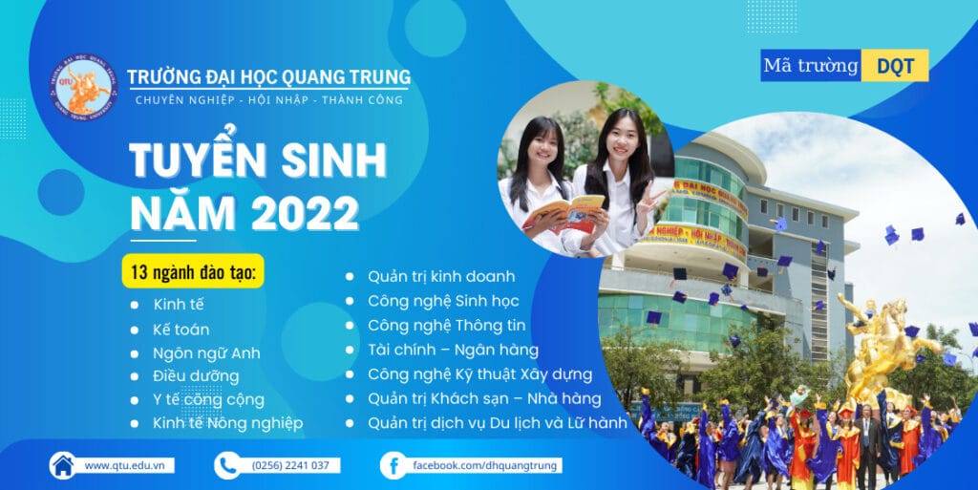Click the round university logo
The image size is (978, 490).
pyautogui.click(x=83, y=87)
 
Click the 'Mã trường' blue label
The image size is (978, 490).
pyautogui.click(x=811, y=66)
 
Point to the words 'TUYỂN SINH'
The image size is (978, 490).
pyautogui.click(x=258, y=160)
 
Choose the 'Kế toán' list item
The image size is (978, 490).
pyautogui.click(x=181, y=330)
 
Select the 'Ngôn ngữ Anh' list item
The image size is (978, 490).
pyautogui.click(x=206, y=352)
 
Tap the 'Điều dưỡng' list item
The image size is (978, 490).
pyautogui.click(x=196, y=375)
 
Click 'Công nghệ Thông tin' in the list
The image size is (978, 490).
pyautogui.click(x=446, y=326)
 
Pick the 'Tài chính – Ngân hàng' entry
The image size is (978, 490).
pyautogui.click(x=453, y=350)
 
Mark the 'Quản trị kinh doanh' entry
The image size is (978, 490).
pyautogui.click(x=441, y=276)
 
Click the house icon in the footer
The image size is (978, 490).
pyautogui.click(x=62, y=465)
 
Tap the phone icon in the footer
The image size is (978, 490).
pyautogui.click(x=226, y=465)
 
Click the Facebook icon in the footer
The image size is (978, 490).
pyautogui.click(x=392, y=465)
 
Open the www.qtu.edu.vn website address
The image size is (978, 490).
pyautogui.click(x=123, y=465)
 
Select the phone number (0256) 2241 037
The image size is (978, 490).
pyautogui.click(x=290, y=465)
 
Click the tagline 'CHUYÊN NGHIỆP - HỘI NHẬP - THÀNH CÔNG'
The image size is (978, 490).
pyautogui.click(x=268, y=100)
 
